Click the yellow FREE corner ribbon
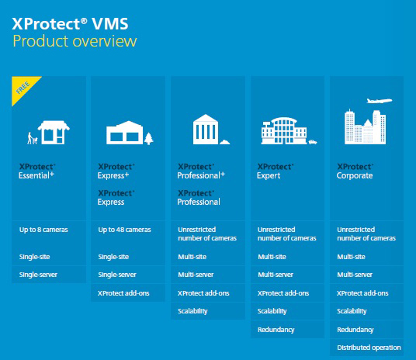click(x=23, y=87)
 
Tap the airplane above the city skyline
click(x=379, y=101)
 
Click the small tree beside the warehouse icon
click(x=149, y=138)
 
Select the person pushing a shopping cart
click(x=33, y=138)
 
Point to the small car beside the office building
click(x=313, y=142)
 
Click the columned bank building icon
click(x=206, y=130)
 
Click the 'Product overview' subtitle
click(x=75, y=41)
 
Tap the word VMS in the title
click(x=110, y=23)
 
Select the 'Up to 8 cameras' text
click(x=43, y=230)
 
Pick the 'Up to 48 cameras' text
click(x=124, y=230)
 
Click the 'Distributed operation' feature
click(x=369, y=348)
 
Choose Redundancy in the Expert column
click(x=276, y=330)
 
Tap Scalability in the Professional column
click(x=192, y=311)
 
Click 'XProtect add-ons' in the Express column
click(x=123, y=293)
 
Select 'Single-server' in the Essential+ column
click(x=38, y=275)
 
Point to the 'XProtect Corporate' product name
click(x=355, y=171)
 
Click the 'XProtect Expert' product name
click(x=276, y=171)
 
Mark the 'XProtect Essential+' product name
click(x=37, y=171)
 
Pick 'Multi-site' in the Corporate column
click(x=351, y=257)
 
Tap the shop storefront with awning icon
click(x=54, y=133)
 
